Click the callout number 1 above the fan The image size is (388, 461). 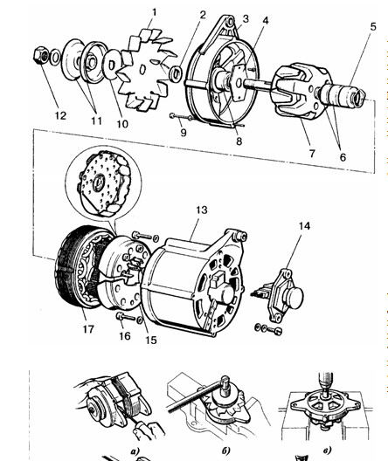click(x=155, y=12)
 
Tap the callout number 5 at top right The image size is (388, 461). click(x=373, y=27)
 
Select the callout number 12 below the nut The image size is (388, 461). click(x=60, y=115)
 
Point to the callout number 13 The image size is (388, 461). click(x=202, y=210)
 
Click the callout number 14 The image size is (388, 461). click(x=304, y=226)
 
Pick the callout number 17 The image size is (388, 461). click(x=88, y=329)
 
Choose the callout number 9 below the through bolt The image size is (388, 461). click(x=184, y=133)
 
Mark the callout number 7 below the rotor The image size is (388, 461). click(x=312, y=153)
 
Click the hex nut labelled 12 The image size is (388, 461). click(x=40, y=55)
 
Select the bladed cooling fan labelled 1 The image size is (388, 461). click(x=146, y=71)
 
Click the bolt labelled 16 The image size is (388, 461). click(x=126, y=317)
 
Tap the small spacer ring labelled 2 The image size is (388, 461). click(x=176, y=73)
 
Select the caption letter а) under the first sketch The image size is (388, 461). click(x=135, y=451)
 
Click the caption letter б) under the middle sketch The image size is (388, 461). click(x=225, y=451)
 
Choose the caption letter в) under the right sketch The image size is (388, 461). click(x=327, y=451)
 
